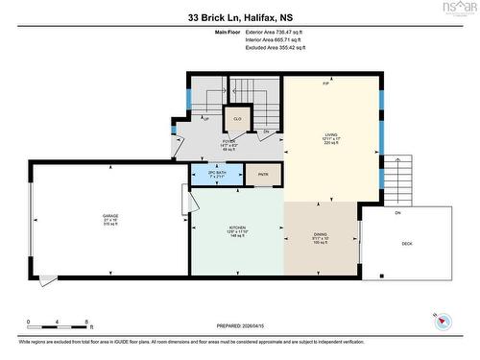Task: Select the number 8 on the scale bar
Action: pyautogui.click(x=87, y=322)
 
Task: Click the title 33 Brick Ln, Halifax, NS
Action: pyautogui.click(x=239, y=16)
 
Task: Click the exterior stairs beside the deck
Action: pyautogui.click(x=401, y=178)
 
